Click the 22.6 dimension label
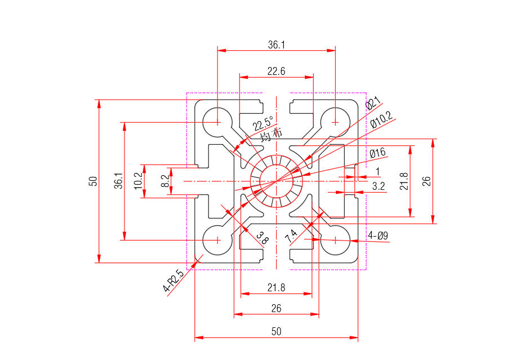(x=276, y=72)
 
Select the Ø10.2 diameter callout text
(x=381, y=120)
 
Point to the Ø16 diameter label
(x=377, y=153)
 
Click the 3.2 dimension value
(x=379, y=185)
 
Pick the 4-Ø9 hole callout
(x=378, y=236)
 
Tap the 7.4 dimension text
(x=291, y=236)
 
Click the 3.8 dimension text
(x=262, y=238)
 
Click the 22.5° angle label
(x=263, y=123)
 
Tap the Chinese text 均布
(x=271, y=135)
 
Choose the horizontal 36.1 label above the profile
(x=276, y=45)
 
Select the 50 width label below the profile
(x=276, y=332)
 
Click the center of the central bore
(x=277, y=181)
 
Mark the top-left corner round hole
(x=218, y=122)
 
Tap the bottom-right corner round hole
(x=335, y=239)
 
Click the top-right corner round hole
(x=335, y=122)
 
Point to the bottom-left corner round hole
(x=218, y=239)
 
